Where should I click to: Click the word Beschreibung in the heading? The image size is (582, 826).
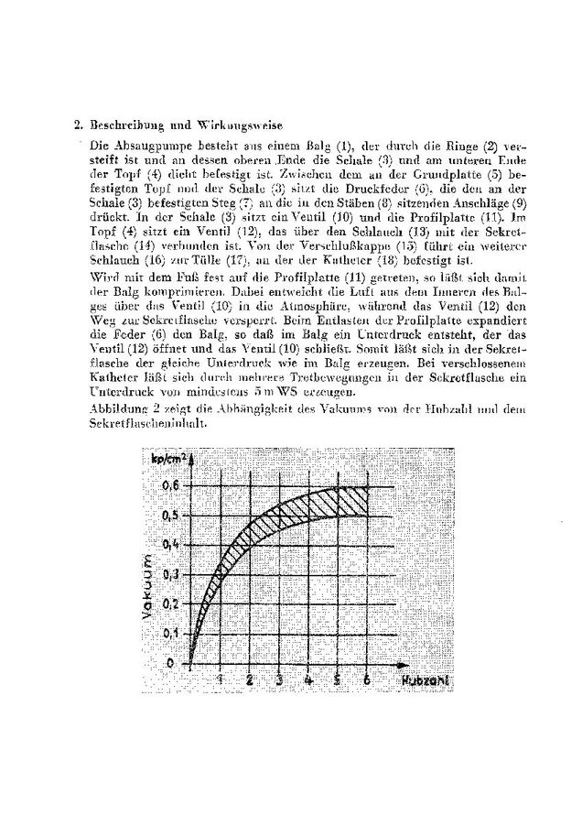tap(117, 125)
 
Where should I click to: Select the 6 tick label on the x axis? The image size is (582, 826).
tap(367, 679)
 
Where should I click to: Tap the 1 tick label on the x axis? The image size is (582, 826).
tap(221, 679)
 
